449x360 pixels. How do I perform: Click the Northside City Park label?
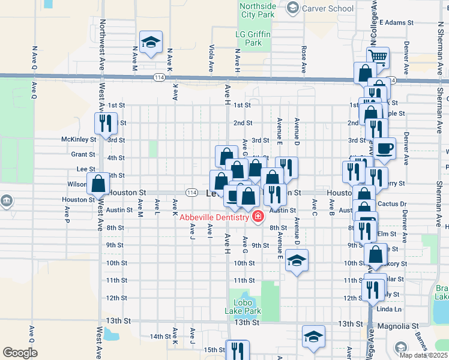click(258, 10)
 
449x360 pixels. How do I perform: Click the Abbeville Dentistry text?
click(213, 217)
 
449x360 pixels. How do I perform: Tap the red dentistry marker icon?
click(258, 217)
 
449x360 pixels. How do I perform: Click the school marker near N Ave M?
click(150, 42)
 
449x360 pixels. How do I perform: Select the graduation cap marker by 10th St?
click(297, 260)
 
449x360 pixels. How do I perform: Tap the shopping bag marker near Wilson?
click(98, 184)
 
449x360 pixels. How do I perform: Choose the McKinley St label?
click(79, 139)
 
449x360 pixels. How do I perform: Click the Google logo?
click(20, 353)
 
